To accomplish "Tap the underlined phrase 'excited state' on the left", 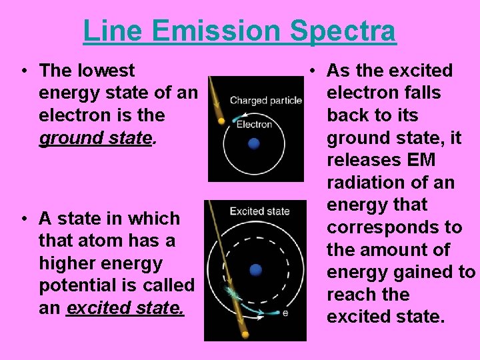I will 125,308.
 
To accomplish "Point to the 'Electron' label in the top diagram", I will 255,124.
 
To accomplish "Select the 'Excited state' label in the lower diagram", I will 259,211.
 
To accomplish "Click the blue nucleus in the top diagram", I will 253,144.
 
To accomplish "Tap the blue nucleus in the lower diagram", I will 256,270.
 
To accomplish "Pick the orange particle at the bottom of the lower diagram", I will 245,335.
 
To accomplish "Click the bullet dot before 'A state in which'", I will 23,219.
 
